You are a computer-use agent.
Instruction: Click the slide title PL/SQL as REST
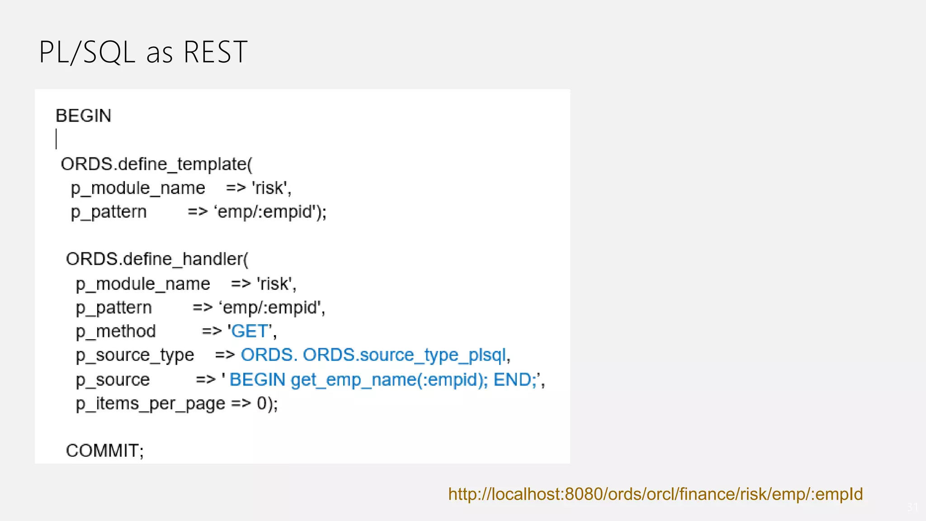(x=143, y=52)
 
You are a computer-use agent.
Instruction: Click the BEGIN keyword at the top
(x=83, y=116)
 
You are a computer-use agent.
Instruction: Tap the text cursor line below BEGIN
(x=57, y=139)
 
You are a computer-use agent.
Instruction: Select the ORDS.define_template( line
(x=156, y=164)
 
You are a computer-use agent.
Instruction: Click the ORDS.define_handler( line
(x=157, y=259)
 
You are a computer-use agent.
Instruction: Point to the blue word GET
(x=250, y=331)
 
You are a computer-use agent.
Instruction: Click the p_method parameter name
(x=116, y=331)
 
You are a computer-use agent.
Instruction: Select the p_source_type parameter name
(x=135, y=355)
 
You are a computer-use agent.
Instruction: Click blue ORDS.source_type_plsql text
(x=404, y=355)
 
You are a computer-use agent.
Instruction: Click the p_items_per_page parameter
(x=150, y=403)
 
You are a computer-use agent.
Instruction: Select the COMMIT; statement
(x=104, y=450)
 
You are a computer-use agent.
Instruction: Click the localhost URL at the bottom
(x=655, y=494)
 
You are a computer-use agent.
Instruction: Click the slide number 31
(x=912, y=507)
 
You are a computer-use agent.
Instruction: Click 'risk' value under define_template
(x=271, y=188)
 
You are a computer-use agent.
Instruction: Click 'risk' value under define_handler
(x=276, y=284)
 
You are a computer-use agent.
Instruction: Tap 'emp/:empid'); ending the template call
(x=270, y=212)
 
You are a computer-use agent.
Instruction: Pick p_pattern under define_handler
(x=113, y=308)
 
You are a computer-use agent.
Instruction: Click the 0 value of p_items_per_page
(x=262, y=403)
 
